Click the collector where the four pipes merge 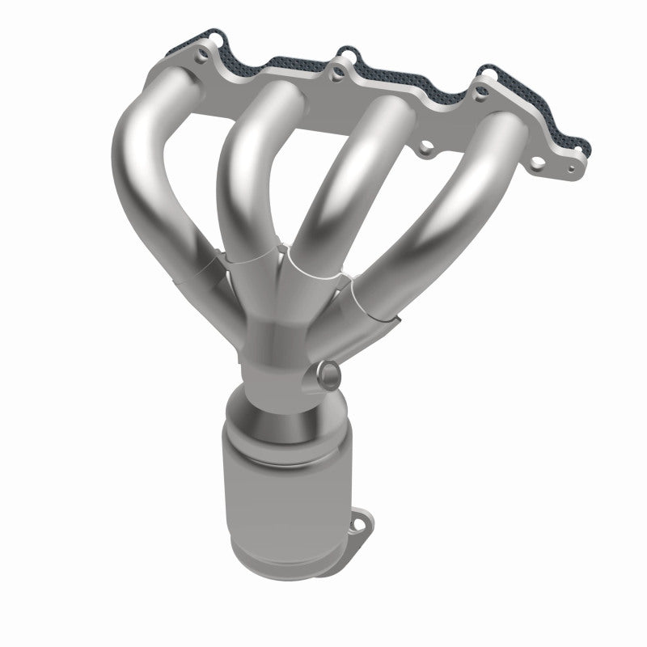pos(275,340)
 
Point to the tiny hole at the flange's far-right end pos(572,171)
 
